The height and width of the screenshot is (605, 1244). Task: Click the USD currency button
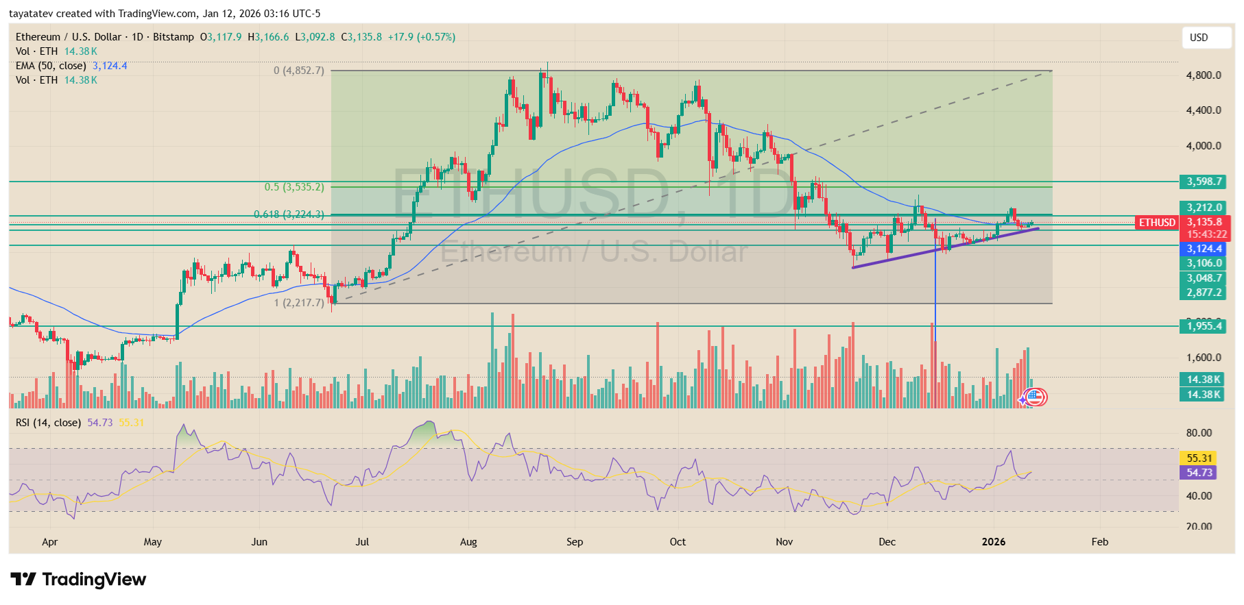1206,38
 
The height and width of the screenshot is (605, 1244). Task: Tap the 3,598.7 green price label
1204,182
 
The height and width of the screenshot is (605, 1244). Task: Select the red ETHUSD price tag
1157,222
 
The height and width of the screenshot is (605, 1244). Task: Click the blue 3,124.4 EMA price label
1204,249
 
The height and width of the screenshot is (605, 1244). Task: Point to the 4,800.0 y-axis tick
1204,75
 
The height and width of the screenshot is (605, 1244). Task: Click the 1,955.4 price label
1204,326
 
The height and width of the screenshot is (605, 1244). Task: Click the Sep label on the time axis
575,542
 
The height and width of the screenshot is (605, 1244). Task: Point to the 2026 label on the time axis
993,542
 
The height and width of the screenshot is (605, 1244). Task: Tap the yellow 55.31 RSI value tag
1199,458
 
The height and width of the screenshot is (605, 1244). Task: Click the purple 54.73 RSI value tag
1199,473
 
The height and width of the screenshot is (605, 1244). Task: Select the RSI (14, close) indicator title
48,423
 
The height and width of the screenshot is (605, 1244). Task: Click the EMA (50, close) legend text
51,66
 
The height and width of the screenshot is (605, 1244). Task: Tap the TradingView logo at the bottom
78,580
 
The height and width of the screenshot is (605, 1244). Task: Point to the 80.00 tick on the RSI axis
1199,433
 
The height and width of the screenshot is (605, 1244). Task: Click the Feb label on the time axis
1099,542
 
